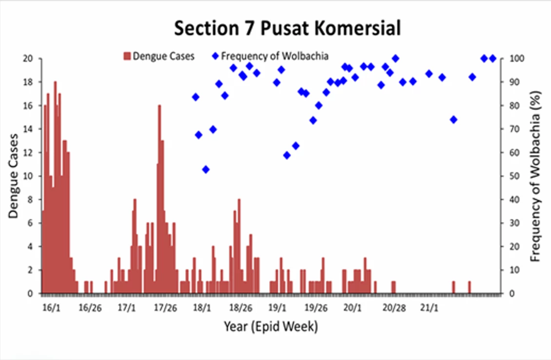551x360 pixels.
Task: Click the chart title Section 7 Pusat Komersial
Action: pyautogui.click(x=287, y=29)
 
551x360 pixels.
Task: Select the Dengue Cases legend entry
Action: pyautogui.click(x=158, y=56)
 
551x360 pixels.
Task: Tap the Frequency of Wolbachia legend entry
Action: pyautogui.click(x=271, y=56)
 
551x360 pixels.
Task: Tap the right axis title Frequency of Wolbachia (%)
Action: pyautogui.click(x=537, y=176)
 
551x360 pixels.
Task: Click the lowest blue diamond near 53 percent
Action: pyautogui.click(x=206, y=169)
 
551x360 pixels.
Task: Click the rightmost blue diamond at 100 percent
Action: pyautogui.click(x=492, y=59)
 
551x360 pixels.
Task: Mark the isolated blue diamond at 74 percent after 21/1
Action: pyautogui.click(x=453, y=120)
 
